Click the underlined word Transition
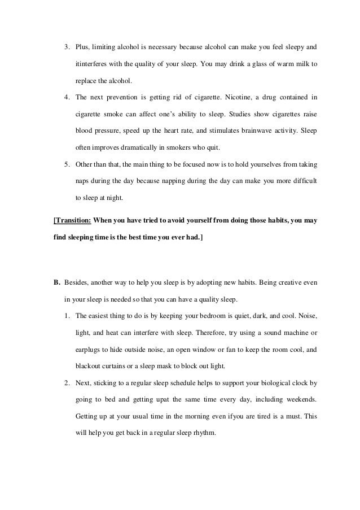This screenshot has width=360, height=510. pyautogui.click(x=72, y=220)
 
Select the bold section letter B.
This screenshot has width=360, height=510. pyautogui.click(x=56, y=281)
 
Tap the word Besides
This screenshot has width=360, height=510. pyautogui.click(x=78, y=281)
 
